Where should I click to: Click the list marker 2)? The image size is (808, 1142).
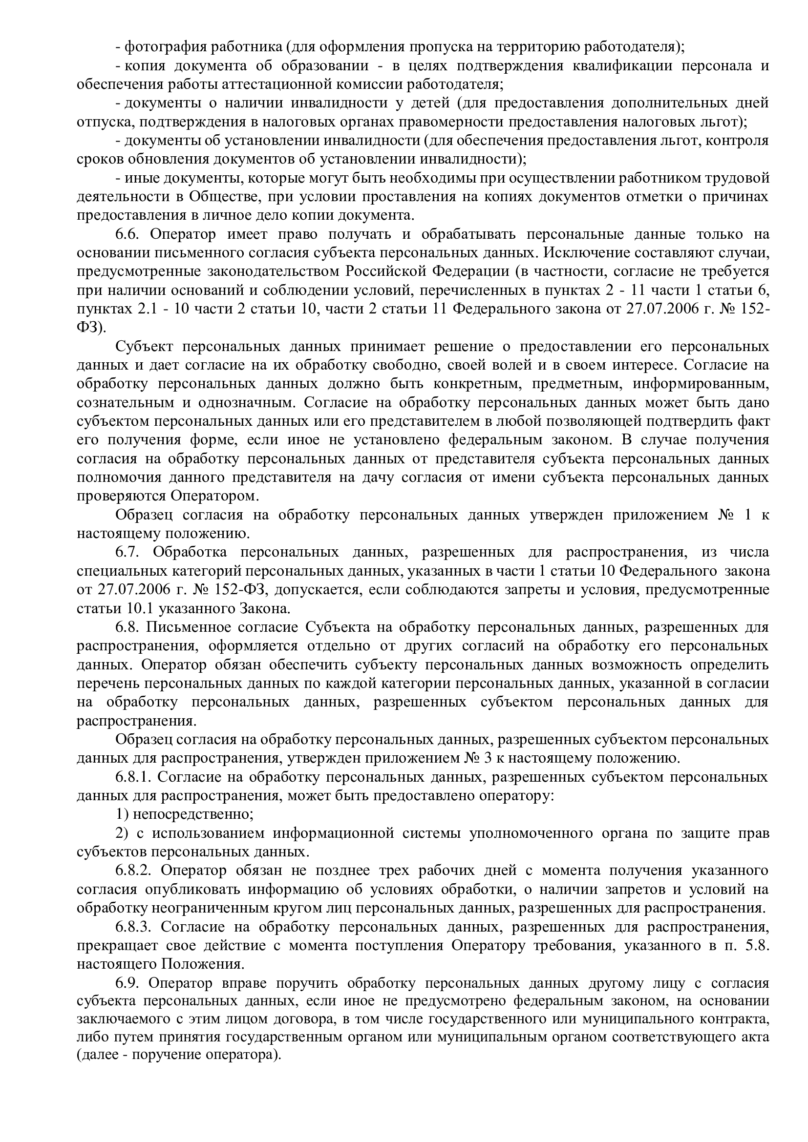(x=122, y=833)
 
